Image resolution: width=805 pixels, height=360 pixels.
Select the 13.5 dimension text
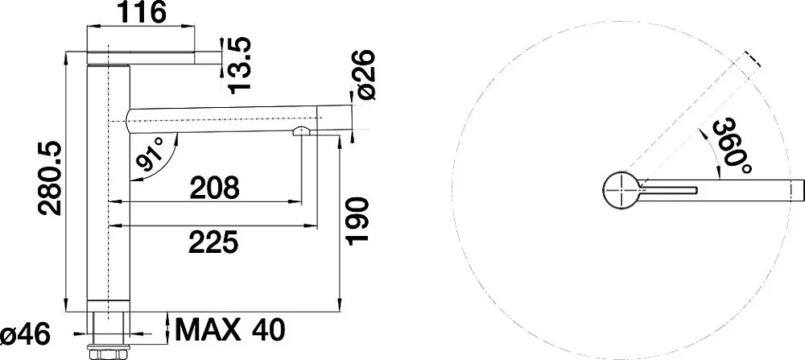240,64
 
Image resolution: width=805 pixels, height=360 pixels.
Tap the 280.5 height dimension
50,178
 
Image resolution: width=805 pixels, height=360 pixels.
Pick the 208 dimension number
215,188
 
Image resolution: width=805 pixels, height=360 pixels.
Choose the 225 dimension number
213,242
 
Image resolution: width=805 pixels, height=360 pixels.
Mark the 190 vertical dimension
358,221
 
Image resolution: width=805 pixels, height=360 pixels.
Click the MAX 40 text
229,329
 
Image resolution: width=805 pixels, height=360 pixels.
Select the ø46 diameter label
26,336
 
